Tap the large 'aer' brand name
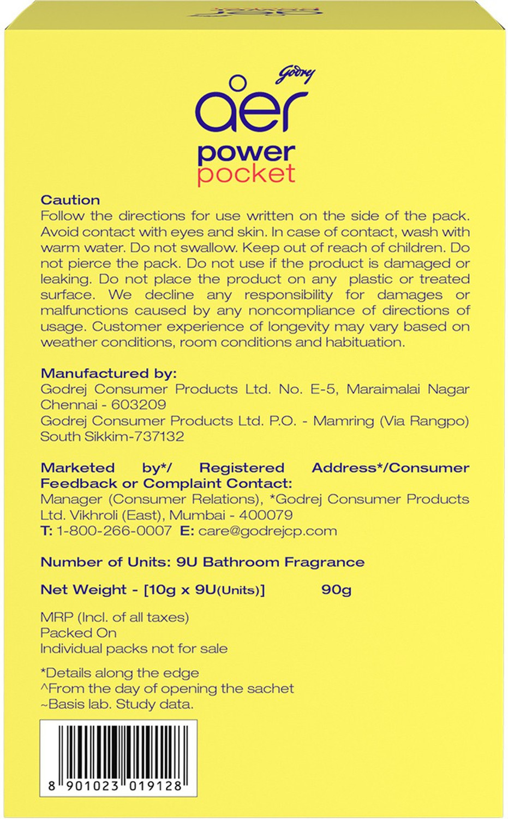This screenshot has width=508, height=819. (x=250, y=110)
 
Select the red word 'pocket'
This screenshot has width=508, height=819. (x=246, y=174)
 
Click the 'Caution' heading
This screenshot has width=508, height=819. (x=70, y=200)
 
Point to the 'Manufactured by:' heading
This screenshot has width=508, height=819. (x=109, y=373)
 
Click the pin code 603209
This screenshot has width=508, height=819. (x=139, y=405)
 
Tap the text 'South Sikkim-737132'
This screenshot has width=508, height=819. (x=112, y=436)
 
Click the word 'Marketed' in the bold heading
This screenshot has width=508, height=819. (x=77, y=468)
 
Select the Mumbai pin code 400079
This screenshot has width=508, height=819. (x=266, y=515)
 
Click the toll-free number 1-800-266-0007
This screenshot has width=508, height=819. (x=113, y=531)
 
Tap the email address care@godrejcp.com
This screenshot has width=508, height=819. (x=267, y=531)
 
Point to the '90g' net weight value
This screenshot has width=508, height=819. (x=336, y=590)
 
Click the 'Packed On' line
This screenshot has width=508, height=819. (x=78, y=633)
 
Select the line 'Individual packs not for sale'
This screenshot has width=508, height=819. (x=134, y=649)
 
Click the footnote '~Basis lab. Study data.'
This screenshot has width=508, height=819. (x=117, y=704)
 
